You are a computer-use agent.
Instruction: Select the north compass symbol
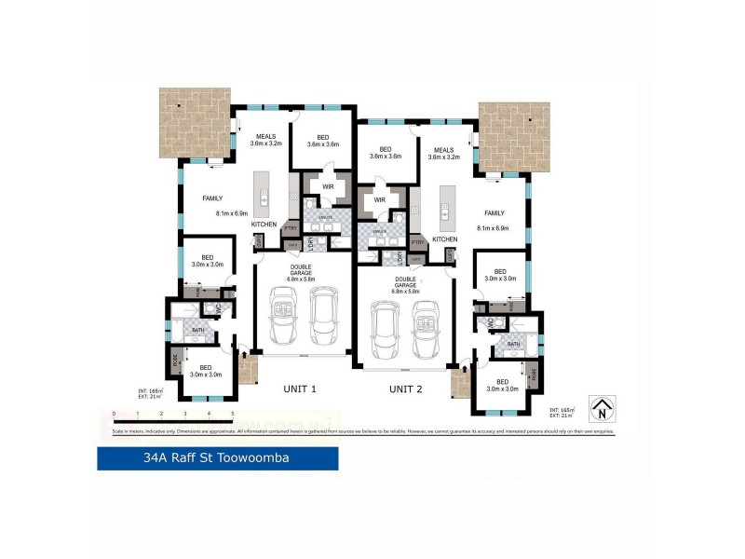point(604,407)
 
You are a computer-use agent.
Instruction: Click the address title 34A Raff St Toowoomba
point(217,458)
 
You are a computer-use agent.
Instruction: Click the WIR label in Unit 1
point(327,187)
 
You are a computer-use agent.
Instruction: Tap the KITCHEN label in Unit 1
point(264,225)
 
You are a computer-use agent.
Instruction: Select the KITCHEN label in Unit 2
point(444,239)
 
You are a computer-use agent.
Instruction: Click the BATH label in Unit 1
point(197,329)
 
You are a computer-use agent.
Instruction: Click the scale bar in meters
point(172,414)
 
